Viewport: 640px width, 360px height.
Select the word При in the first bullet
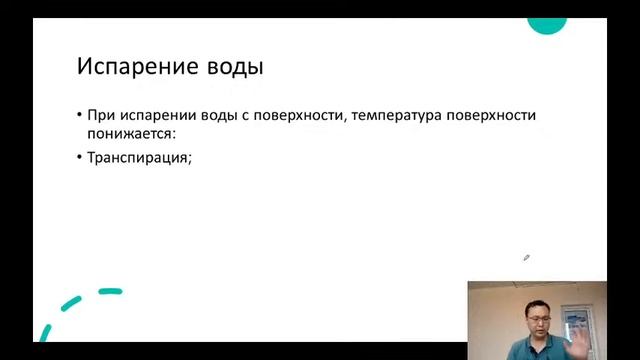(101, 115)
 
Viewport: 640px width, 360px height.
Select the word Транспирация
(137, 157)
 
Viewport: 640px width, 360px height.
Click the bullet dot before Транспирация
(80, 157)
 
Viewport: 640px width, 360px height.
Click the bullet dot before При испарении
(80, 115)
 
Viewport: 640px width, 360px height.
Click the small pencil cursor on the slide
(527, 257)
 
